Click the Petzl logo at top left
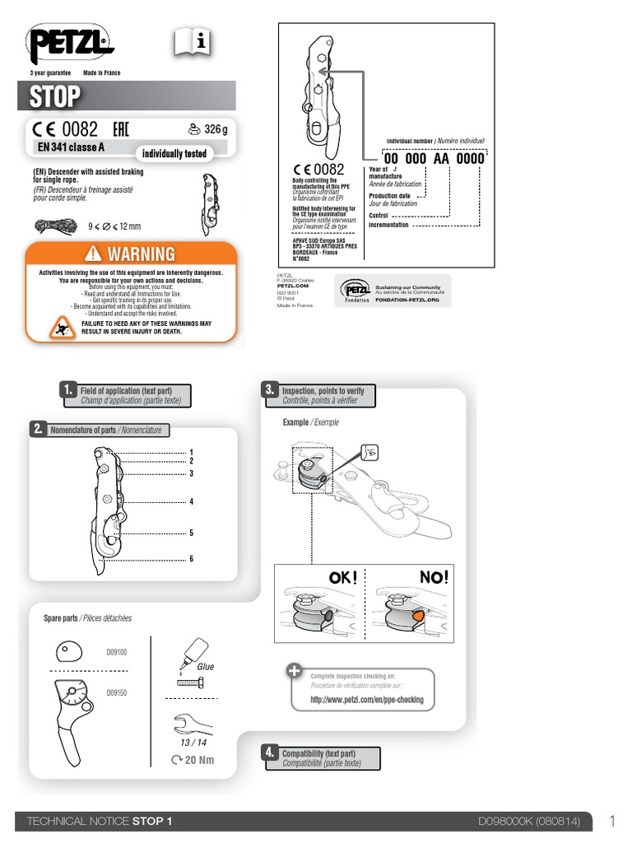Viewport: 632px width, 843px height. pos(72,44)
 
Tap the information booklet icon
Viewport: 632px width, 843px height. pos(192,41)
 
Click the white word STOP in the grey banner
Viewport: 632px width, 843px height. pos(55,97)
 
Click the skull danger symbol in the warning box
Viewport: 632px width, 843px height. pos(60,328)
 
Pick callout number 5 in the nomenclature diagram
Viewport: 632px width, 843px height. pos(191,533)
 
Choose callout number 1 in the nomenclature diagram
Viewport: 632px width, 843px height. pos(191,452)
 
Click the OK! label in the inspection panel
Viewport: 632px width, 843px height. pos(343,578)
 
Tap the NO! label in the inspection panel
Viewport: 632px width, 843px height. pos(434,578)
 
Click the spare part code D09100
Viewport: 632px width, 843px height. pos(117,652)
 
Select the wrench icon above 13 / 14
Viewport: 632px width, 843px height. pos(193,725)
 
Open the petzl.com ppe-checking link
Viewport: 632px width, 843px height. pos(366,700)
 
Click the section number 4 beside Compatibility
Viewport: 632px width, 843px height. pos(269,752)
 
